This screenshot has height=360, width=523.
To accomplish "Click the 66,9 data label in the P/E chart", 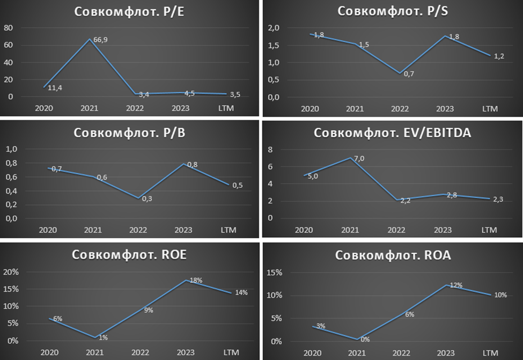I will tap(101, 40).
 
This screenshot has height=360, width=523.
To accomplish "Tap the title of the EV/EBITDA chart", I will tap(392, 133).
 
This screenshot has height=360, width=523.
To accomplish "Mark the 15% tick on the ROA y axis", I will tap(275, 273).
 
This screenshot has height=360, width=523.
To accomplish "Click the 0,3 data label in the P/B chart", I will tap(146, 198).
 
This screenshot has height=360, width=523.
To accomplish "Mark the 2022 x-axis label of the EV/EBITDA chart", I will tap(396, 230).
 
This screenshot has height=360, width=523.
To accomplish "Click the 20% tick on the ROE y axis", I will tap(11, 271).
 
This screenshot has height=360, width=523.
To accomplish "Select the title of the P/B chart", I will tap(130, 133).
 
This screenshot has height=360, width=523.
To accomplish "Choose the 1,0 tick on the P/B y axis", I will tap(11, 149).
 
